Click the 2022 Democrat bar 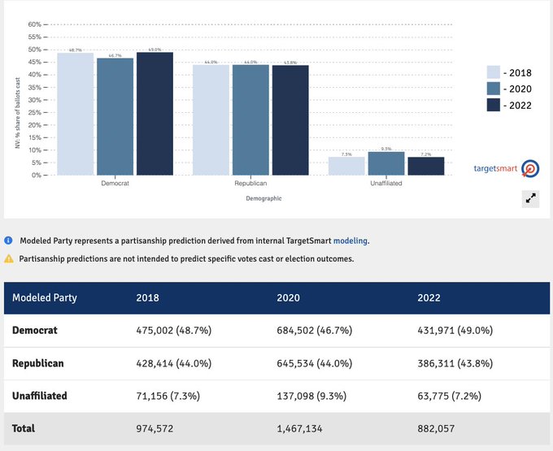(155, 114)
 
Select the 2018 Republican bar (211, 120)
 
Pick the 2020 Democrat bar (115, 116)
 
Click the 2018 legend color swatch (494, 72)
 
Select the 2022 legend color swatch (494, 105)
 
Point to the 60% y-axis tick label (33, 24)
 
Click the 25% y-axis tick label (33, 112)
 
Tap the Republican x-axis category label (251, 184)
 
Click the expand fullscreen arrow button (530, 197)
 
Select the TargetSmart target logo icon (530, 169)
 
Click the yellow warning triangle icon (9, 258)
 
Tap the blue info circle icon (9, 241)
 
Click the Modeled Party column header (45, 297)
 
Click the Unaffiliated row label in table (40, 396)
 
